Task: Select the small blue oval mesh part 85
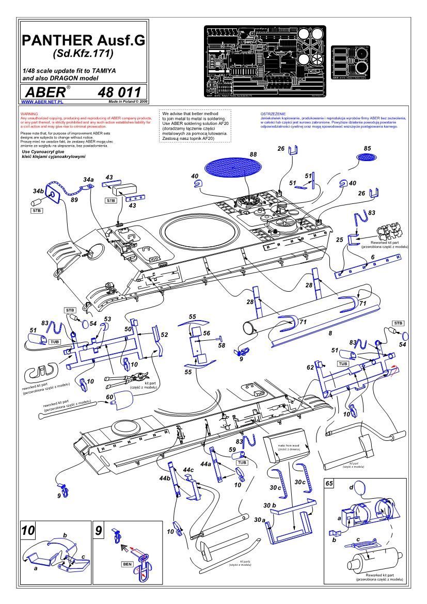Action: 367,156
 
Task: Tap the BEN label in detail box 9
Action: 126,564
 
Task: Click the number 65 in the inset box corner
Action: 329,484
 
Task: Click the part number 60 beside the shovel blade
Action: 109,397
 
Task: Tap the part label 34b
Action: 38,191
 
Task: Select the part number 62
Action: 310,368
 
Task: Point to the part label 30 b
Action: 270,504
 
